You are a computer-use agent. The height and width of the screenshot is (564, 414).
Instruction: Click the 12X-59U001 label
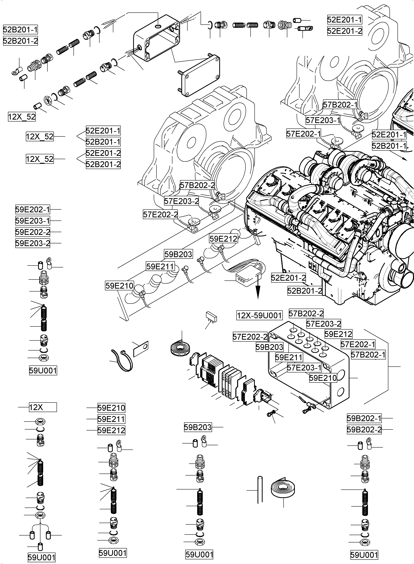[x=259, y=315]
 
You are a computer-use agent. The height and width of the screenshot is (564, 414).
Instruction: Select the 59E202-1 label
[x=33, y=209]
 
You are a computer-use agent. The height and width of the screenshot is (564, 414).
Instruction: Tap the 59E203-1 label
[x=33, y=221]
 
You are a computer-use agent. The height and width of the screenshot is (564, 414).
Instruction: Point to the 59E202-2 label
[x=33, y=232]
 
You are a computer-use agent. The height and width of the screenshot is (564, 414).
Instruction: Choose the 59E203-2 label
[x=33, y=243]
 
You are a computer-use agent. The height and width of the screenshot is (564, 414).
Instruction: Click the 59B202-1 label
[x=364, y=418]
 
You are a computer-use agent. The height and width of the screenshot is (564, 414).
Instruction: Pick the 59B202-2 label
[x=364, y=430]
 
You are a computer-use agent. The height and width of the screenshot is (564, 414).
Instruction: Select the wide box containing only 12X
[x=43, y=407]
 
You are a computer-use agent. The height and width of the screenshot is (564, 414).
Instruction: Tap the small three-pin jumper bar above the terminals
[x=211, y=317]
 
